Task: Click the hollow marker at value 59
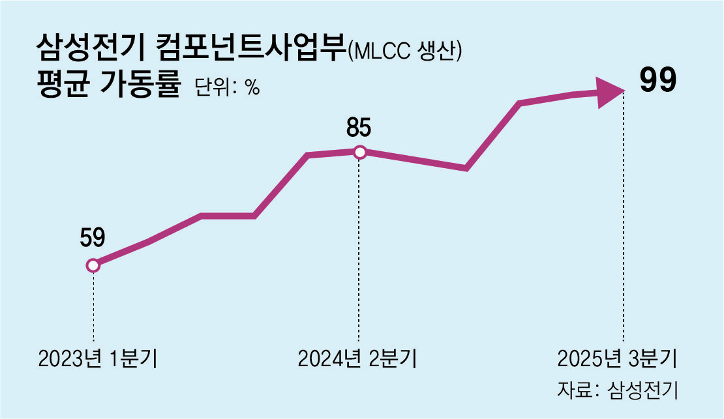pos(93,265)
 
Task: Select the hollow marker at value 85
pos(359,152)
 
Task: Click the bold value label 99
pos(657,81)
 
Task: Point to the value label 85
pos(359,128)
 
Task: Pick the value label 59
pos(93,238)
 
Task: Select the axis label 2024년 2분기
pos(358,358)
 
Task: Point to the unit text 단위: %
pos(227,88)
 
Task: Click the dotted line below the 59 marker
pos(93,306)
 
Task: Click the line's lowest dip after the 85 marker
pos(466,169)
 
